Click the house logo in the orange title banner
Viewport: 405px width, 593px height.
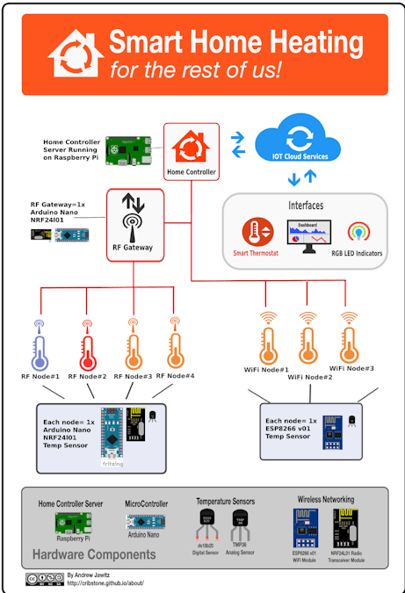pos(76,54)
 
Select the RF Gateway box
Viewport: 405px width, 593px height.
pos(134,225)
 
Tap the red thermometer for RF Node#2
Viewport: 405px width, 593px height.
pos(86,344)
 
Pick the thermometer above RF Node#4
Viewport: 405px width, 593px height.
pos(176,344)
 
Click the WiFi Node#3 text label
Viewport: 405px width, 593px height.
pos(351,368)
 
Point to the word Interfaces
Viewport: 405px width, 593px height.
pos(305,206)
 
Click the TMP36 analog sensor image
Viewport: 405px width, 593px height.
pos(241,525)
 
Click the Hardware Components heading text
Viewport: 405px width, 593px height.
pos(94,554)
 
